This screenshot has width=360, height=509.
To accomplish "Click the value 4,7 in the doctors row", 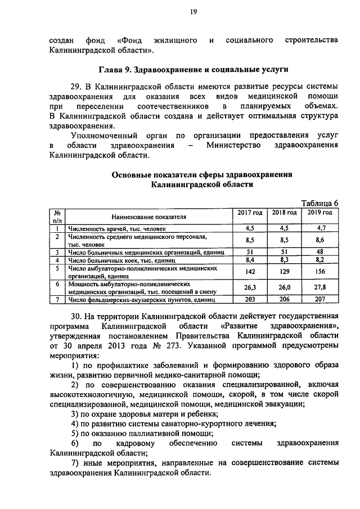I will point(321,228).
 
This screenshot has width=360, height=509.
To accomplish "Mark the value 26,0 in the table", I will point(284,287).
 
